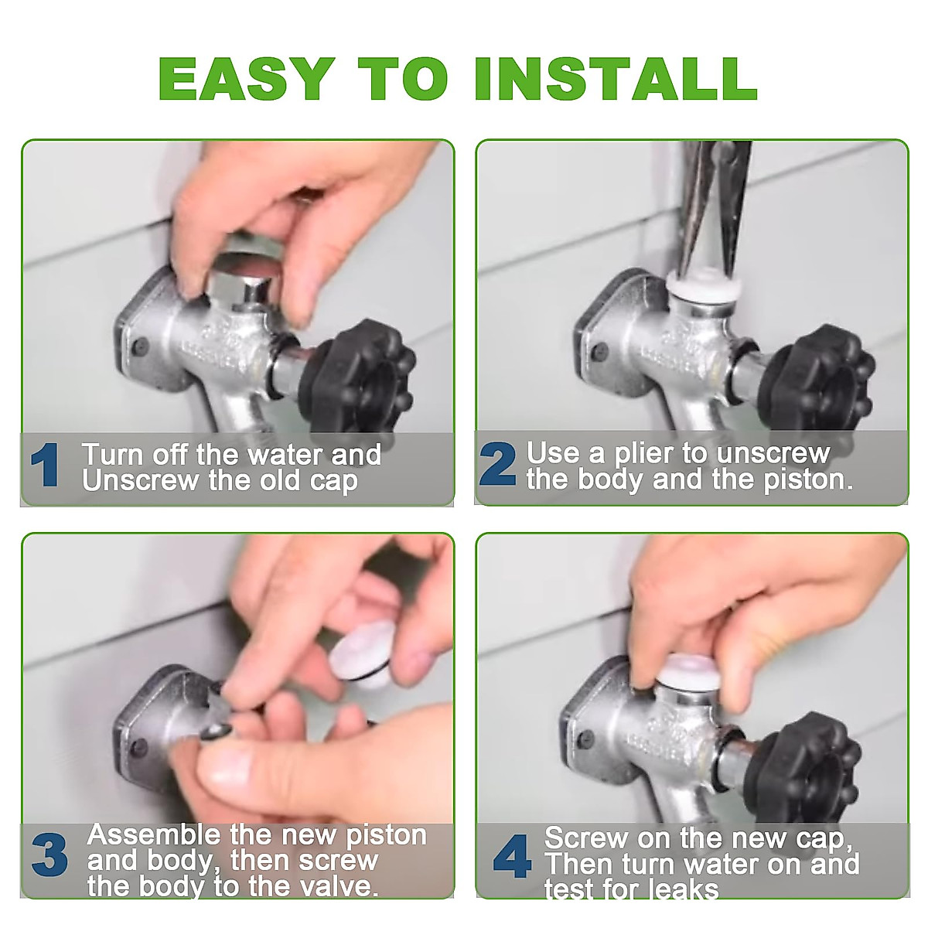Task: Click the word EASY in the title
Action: pyautogui.click(x=246, y=79)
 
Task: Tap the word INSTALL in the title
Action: pyautogui.click(x=616, y=79)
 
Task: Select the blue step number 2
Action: pyautogui.click(x=497, y=463)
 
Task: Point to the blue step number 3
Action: pyautogui.click(x=49, y=855)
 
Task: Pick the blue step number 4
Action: pyautogui.click(x=513, y=856)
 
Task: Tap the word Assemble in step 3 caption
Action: pyautogui.click(x=154, y=834)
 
